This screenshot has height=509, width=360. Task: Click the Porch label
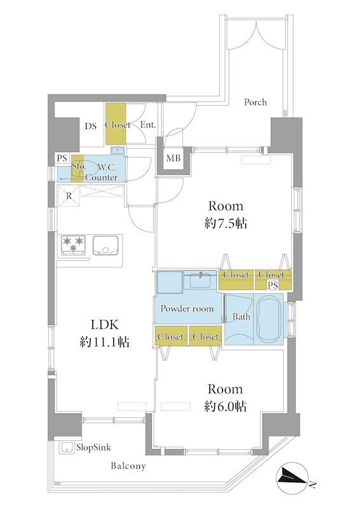click(x=256, y=102)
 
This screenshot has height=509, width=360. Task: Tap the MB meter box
click(x=174, y=158)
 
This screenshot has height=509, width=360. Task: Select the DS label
click(x=90, y=126)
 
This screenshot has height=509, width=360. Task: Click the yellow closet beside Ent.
click(x=116, y=123)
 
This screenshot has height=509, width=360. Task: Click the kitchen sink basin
click(x=106, y=246)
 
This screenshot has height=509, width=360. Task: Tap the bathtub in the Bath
click(x=268, y=319)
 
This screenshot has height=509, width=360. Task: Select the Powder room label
click(x=187, y=309)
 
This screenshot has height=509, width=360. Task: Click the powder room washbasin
click(x=200, y=281)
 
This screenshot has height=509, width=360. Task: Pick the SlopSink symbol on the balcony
click(x=67, y=448)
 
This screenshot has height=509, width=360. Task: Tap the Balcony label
click(x=128, y=466)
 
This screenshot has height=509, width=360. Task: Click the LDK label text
click(x=104, y=324)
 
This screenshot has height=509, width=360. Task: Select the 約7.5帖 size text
click(x=226, y=224)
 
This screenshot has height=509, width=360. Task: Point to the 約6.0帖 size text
click(x=225, y=407)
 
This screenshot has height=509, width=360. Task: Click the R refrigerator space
click(x=69, y=196)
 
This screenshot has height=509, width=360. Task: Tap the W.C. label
click(x=106, y=167)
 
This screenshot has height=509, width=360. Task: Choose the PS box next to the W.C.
click(x=62, y=158)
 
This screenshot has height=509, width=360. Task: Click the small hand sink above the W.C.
click(x=117, y=150)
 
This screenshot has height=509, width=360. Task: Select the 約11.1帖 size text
click(x=104, y=342)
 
